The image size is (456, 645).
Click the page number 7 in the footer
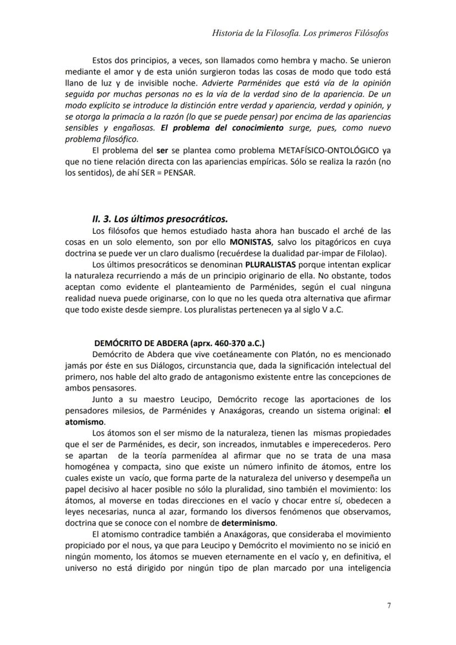[x=389, y=605]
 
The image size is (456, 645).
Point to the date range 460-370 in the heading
[x=228, y=343]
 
